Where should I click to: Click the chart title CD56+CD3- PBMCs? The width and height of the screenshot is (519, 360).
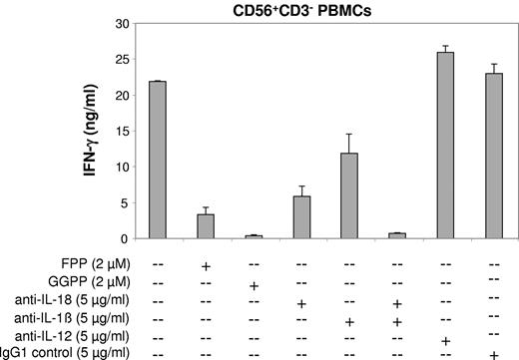[321, 9]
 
